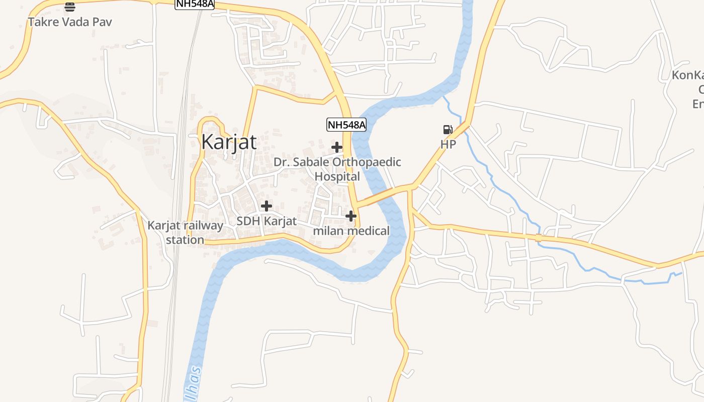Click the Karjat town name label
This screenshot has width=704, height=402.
click(229, 142)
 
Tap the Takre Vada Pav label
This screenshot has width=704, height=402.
click(70, 22)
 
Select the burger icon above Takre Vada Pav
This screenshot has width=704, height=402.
click(70, 7)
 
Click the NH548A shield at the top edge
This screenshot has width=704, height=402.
click(195, 4)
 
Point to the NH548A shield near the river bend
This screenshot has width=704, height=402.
click(346, 125)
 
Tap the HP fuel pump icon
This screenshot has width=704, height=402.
click(448, 130)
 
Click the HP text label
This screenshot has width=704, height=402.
click(448, 145)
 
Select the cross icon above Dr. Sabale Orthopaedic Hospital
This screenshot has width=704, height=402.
click(337, 147)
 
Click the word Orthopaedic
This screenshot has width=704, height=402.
click(367, 162)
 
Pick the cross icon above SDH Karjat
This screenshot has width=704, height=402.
click(267, 206)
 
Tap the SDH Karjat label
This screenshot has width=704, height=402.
click(267, 221)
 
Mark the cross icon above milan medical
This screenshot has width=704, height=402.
click(351, 216)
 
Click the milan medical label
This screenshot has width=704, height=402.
click(351, 231)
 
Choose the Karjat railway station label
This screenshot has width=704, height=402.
click(185, 232)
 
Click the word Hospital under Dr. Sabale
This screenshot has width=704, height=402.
click(337, 177)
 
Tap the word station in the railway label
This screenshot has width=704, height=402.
click(185, 240)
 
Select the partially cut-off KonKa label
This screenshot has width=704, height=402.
click(688, 76)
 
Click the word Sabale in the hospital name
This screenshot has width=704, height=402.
click(312, 162)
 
